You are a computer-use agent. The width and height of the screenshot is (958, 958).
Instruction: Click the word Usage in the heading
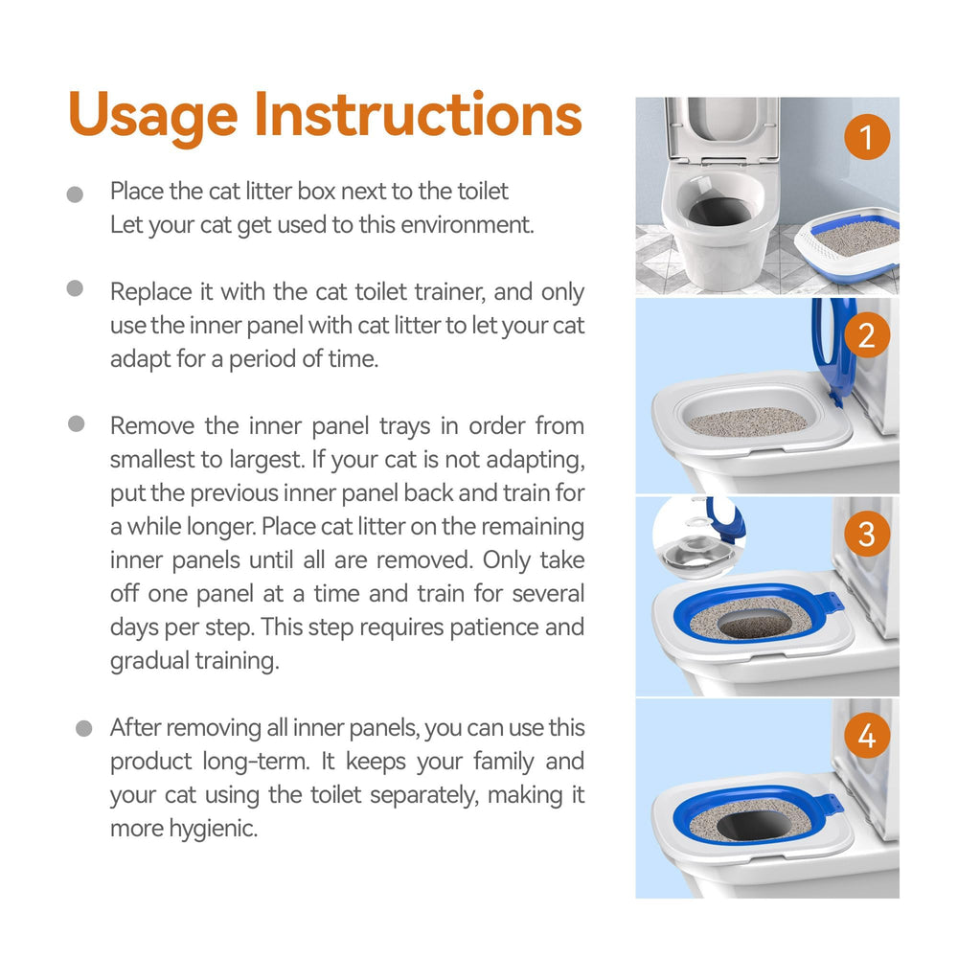(152, 116)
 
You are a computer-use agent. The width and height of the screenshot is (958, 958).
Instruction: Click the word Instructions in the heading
(418, 114)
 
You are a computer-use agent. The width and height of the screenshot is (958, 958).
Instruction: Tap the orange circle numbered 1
(867, 137)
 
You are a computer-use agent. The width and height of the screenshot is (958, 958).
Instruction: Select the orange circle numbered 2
(867, 335)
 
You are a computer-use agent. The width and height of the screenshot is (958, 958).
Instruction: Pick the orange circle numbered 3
(867, 534)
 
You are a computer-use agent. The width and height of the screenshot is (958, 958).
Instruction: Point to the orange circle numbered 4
(867, 735)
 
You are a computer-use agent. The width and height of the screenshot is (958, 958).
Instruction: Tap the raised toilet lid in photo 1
(722, 129)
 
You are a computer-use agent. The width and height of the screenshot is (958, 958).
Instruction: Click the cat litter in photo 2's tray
(748, 422)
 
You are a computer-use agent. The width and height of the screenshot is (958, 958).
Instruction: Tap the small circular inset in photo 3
(696, 538)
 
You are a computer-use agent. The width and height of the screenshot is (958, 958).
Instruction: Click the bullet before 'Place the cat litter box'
(75, 194)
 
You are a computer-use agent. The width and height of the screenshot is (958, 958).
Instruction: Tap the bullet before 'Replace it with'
(75, 288)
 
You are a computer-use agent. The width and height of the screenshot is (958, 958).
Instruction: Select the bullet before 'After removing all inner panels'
(83, 728)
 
